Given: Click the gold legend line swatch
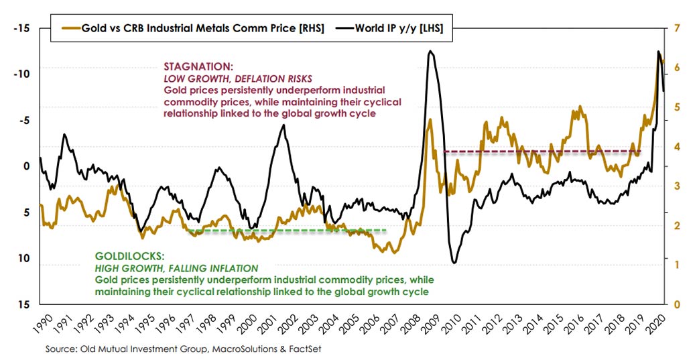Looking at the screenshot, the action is (70, 28).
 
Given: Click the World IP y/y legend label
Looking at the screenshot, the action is (399, 28).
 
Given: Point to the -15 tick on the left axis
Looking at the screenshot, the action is (21, 28).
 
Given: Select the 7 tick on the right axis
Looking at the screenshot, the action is (677, 28).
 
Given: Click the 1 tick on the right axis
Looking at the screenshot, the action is (677, 265).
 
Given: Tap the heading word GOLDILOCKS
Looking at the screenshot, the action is (129, 257).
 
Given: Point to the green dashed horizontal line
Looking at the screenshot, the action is (287, 230).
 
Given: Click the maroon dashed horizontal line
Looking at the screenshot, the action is (543, 152).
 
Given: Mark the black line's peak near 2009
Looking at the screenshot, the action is (430, 51).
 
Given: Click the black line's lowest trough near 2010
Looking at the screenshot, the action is (454, 263).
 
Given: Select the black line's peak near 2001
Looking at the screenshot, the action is (283, 125).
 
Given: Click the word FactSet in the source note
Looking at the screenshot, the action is (305, 349).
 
